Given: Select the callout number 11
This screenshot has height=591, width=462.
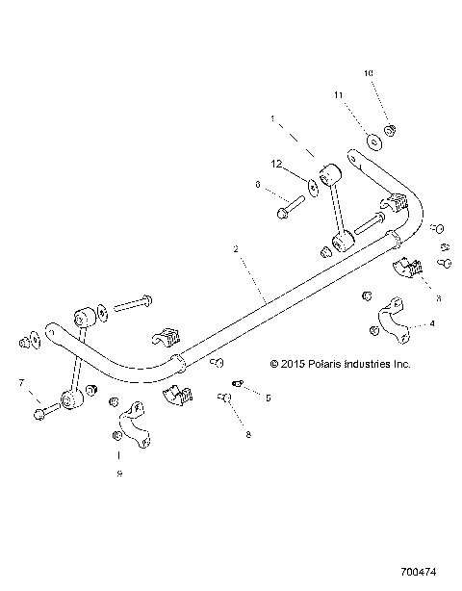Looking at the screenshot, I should coord(339,95).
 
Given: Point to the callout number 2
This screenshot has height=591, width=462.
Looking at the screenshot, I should coord(237,248).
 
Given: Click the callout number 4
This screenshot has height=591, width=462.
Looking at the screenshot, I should coord(431,324).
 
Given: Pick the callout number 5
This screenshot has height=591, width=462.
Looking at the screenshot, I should coord(268,398).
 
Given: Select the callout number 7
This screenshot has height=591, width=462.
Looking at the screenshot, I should coord(20,383).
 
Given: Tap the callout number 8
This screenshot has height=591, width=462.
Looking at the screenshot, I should coord(247,435).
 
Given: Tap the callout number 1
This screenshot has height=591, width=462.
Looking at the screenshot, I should coord(272,120).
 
